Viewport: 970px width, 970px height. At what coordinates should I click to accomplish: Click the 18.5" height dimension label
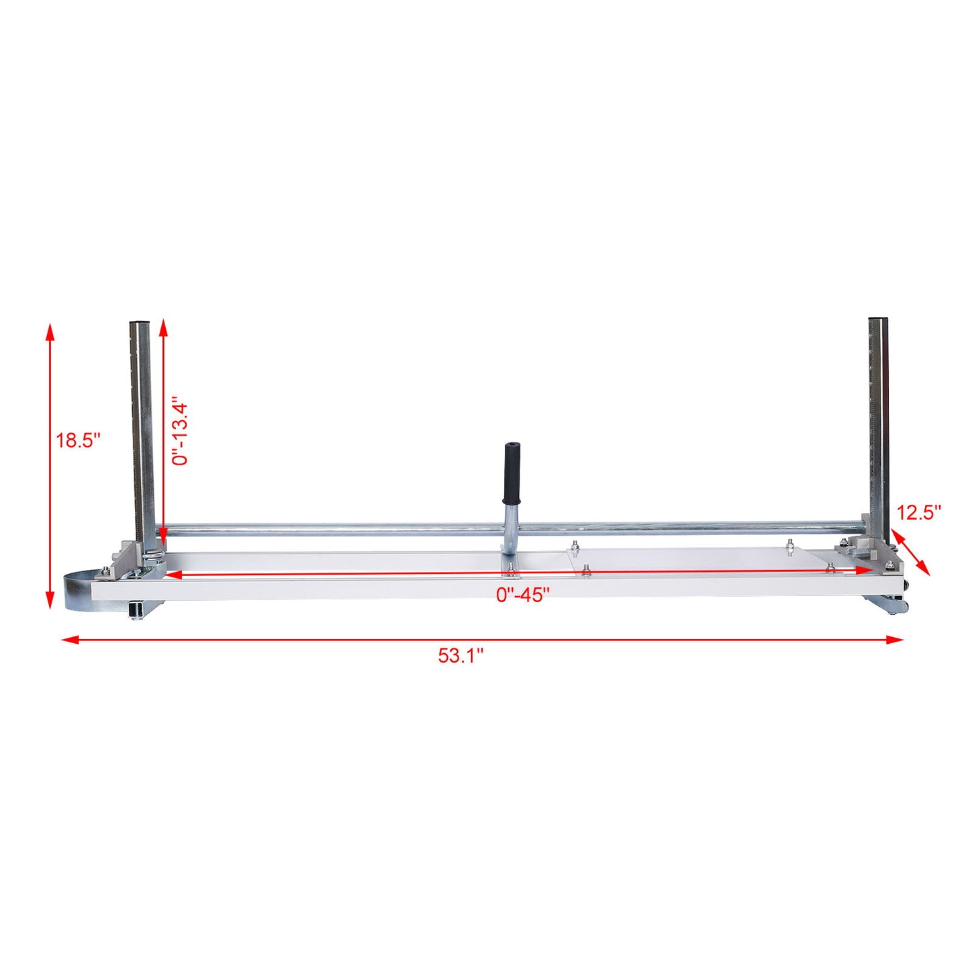pyautogui.click(x=78, y=441)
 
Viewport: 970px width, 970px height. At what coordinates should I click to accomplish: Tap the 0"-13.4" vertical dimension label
pyautogui.click(x=179, y=433)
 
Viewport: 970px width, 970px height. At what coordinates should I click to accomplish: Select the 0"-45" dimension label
pyautogui.click(x=523, y=595)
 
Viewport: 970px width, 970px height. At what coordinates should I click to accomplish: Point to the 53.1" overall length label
pyautogui.click(x=461, y=656)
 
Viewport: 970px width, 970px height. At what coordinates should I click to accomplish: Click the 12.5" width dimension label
pyautogui.click(x=919, y=513)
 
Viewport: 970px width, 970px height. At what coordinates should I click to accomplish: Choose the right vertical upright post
pyautogui.click(x=879, y=423)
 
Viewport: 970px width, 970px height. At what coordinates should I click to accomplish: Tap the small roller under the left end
pyautogui.click(x=137, y=610)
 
